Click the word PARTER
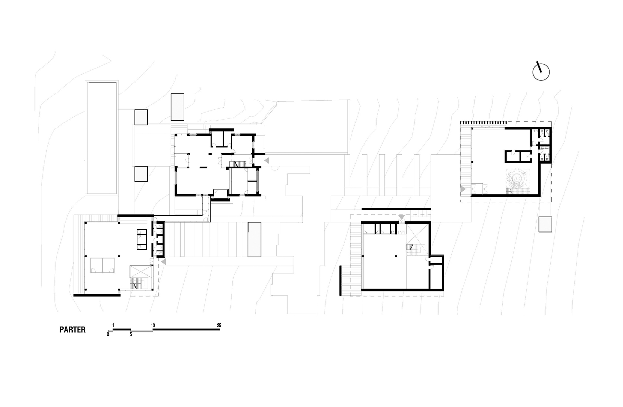(73, 330)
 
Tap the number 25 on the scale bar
(219, 325)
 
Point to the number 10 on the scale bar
(153, 325)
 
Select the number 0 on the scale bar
(108, 334)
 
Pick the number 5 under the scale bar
(131, 334)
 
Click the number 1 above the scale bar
(113, 325)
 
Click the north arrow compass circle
(541, 72)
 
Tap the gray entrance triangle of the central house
(267, 161)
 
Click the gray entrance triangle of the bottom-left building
(164, 261)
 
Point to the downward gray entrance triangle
(402, 217)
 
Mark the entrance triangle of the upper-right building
(463, 189)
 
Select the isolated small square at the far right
(545, 224)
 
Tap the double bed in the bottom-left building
(103, 265)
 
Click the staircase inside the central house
(238, 163)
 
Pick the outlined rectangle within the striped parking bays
(254, 240)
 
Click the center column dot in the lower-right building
(396, 257)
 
